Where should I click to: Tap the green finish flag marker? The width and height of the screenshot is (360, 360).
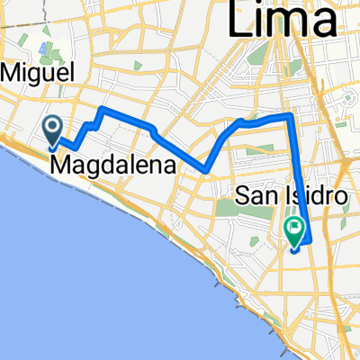coord(294,232)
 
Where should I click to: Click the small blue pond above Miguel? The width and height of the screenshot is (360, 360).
coord(44,42)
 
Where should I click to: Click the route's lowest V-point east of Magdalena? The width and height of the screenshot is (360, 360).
coord(206,169)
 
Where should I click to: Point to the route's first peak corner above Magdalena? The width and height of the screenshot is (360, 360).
coord(104,109)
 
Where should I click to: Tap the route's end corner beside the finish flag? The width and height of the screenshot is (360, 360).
coord(308,241)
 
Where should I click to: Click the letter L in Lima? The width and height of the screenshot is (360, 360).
coord(241,19)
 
